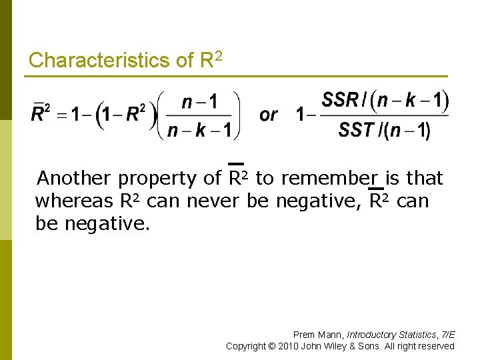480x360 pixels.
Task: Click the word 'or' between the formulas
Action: (269, 115)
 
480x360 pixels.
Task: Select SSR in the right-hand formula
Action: (339, 101)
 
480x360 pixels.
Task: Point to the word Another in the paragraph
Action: (73, 179)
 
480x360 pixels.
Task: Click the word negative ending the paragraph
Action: (107, 223)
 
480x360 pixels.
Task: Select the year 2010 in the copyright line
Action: (289, 346)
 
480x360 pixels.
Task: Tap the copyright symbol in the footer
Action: (271, 346)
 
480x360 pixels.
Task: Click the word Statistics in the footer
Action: (417, 335)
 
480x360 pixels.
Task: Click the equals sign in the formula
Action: (61, 115)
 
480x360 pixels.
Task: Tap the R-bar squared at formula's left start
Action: (40, 114)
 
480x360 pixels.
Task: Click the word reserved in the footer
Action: (437, 346)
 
